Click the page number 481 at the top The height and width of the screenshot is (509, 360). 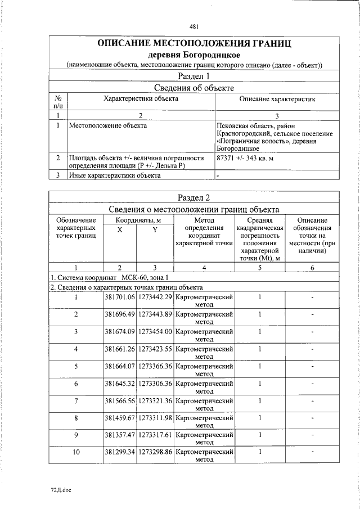[194, 26]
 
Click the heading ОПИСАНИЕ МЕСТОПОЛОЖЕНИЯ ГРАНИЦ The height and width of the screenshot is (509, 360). [194, 44]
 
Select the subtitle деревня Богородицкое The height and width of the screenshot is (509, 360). [194, 55]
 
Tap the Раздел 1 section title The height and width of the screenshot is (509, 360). [194, 76]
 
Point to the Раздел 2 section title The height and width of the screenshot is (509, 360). [194, 197]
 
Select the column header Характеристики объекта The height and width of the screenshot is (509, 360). [141, 99]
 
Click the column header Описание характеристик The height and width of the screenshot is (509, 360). [277, 99]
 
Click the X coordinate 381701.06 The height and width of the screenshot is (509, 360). [120, 296]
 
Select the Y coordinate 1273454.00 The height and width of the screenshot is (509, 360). [155, 332]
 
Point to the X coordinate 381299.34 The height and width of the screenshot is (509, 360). [120, 452]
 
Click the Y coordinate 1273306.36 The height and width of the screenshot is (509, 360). [155, 384]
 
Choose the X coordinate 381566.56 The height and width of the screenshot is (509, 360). [120, 400]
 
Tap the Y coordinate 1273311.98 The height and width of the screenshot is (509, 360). [155, 418]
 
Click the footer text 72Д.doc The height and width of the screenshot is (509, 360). [60, 490]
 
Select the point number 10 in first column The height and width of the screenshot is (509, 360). [76, 452]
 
